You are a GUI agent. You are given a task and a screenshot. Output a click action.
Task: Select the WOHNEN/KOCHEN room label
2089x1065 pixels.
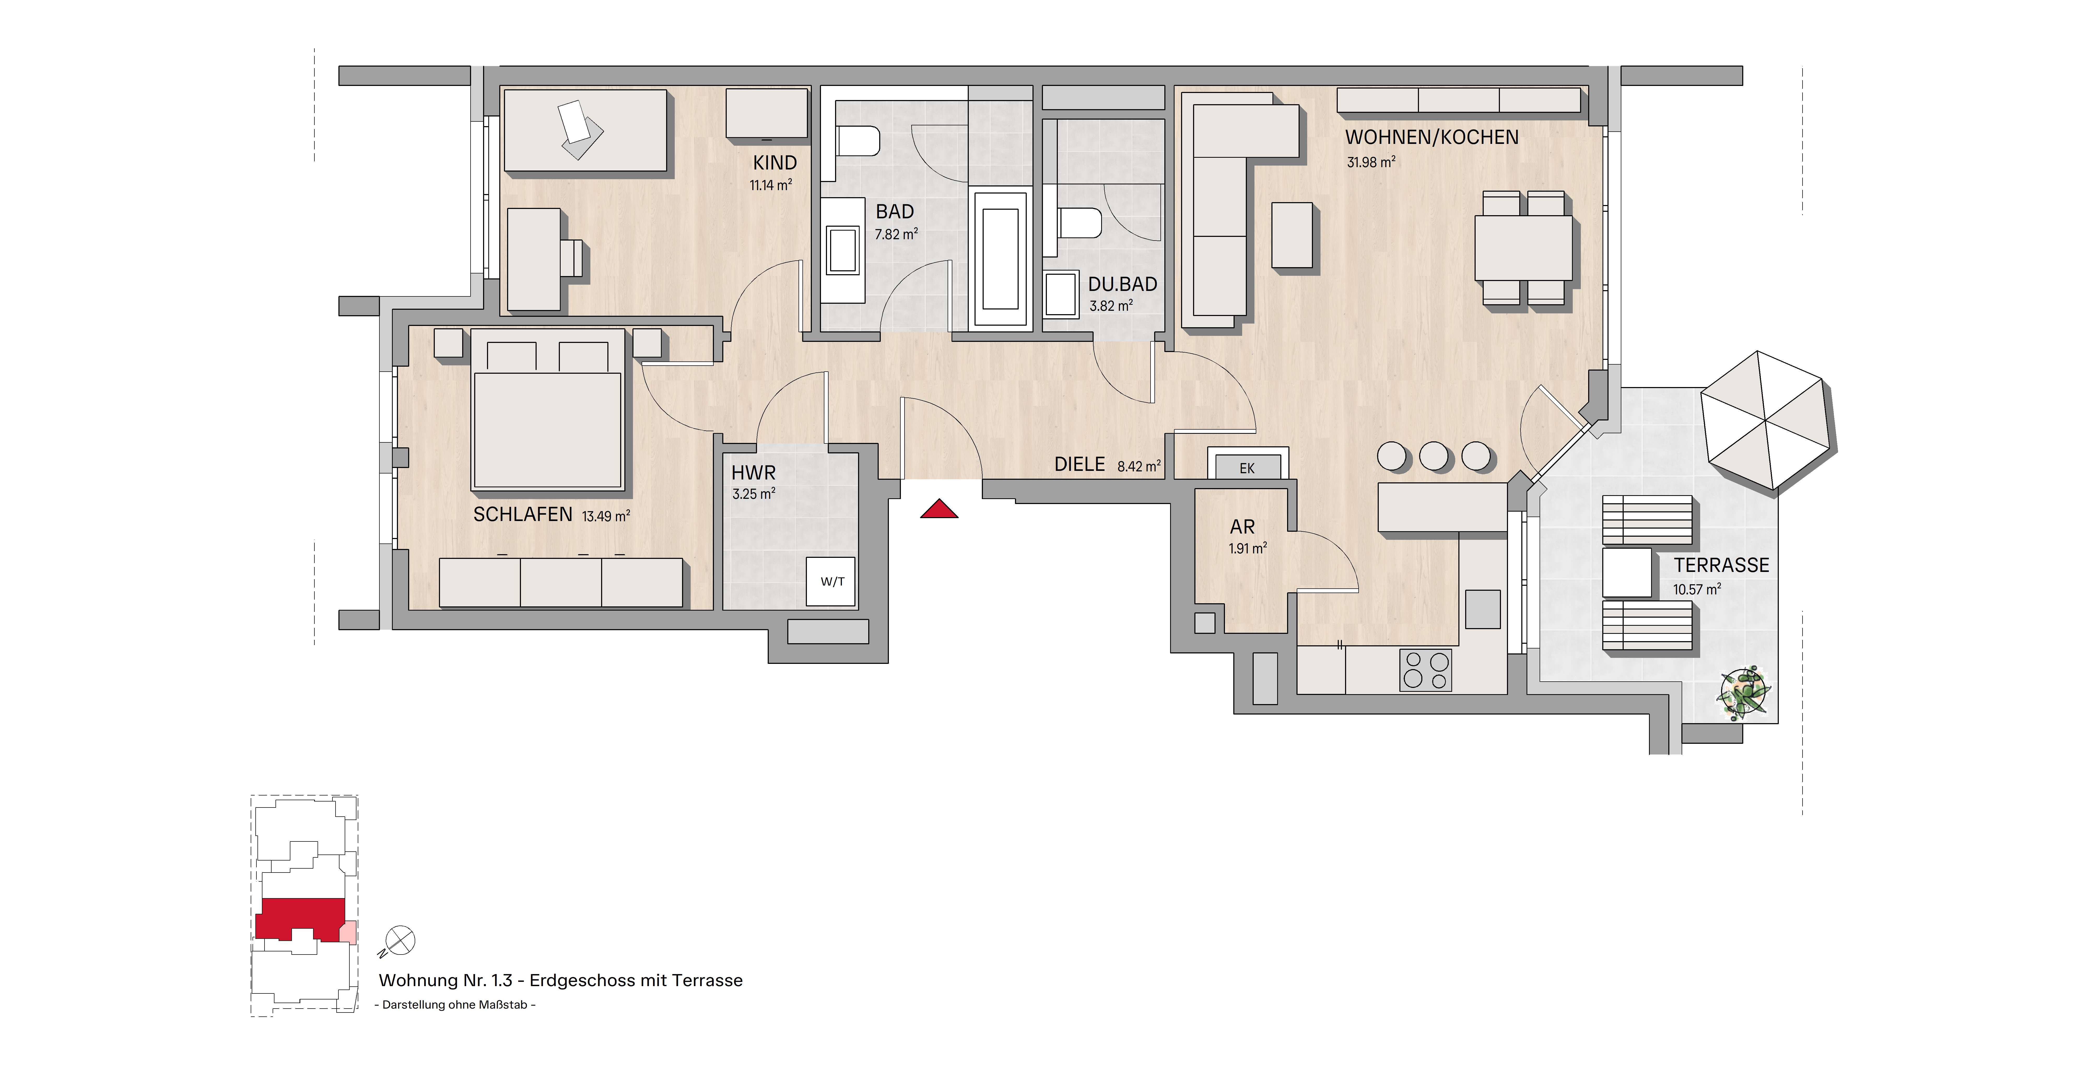pos(1431,138)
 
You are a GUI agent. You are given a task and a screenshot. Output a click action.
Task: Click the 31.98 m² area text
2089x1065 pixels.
pos(1370,162)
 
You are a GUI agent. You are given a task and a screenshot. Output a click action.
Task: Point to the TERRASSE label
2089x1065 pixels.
pos(1722,565)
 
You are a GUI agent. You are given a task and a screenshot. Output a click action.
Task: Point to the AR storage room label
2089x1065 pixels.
pos(1242,527)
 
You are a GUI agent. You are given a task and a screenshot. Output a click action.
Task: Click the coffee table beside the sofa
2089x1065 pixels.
pos(1292,235)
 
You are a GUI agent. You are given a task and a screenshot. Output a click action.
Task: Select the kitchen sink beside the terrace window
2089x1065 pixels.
pos(1482,608)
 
